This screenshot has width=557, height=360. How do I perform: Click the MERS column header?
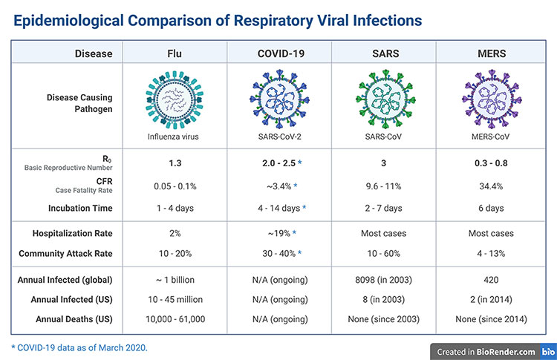(486, 53)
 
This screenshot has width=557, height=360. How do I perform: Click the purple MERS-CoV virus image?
(486, 99)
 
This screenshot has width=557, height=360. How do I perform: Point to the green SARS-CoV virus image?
(383, 99)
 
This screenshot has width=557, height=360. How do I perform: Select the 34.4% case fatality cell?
(486, 185)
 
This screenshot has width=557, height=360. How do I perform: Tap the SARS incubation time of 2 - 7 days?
(383, 208)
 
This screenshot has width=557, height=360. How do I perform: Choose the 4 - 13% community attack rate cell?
(486, 254)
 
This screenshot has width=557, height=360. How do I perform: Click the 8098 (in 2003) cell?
(383, 280)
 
